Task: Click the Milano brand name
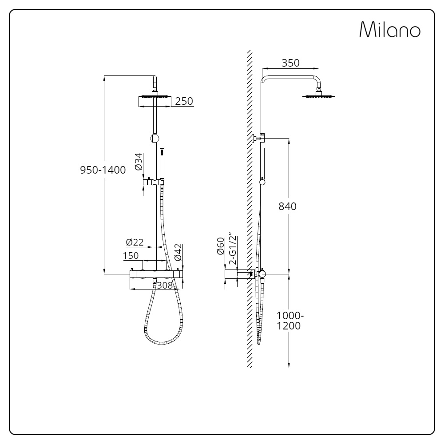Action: click(x=390, y=30)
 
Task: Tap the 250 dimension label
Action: click(x=184, y=101)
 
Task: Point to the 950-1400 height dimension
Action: click(x=103, y=170)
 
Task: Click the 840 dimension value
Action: click(x=287, y=206)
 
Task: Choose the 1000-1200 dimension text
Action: click(x=290, y=321)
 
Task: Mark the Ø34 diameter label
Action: click(x=138, y=162)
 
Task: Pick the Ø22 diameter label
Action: click(x=135, y=242)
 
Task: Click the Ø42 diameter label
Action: click(x=178, y=252)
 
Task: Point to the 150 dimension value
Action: click(x=131, y=256)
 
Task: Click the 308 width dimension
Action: click(x=165, y=285)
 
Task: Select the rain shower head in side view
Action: click(x=319, y=95)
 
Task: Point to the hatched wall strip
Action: click(x=250, y=209)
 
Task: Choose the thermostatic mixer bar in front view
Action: click(x=155, y=276)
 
